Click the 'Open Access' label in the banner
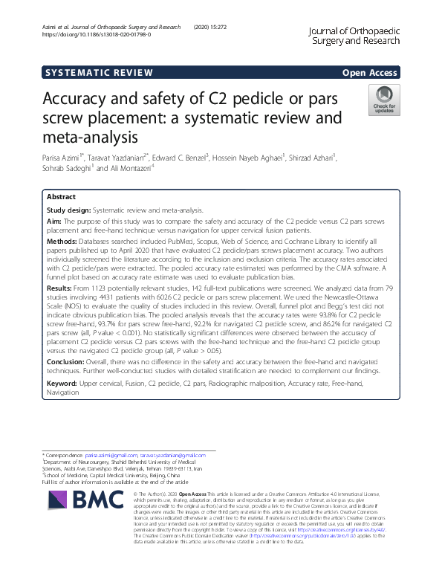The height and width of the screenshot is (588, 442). pyautogui.click(x=371, y=72)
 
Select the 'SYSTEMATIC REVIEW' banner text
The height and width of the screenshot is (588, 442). pyautogui.click(x=99, y=72)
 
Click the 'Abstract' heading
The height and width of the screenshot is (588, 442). pyautogui.click(x=61, y=198)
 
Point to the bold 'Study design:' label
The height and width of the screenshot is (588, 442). pyautogui.click(x=71, y=210)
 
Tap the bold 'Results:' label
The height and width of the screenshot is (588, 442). pyautogui.click(x=61, y=286)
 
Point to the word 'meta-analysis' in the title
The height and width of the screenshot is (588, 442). pyautogui.click(x=91, y=137)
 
